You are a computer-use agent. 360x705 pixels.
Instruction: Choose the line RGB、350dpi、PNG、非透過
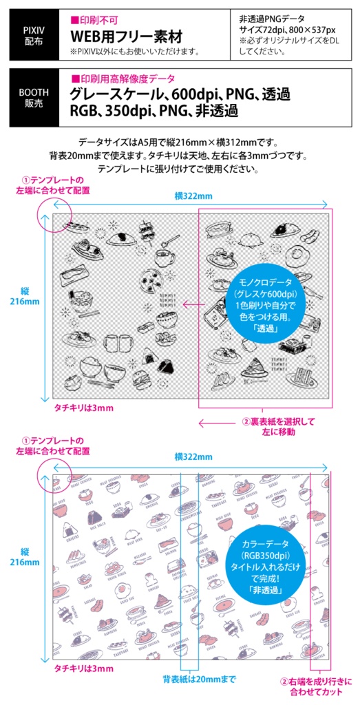click(154, 111)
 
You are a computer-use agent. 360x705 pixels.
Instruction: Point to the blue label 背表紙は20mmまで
click(199, 679)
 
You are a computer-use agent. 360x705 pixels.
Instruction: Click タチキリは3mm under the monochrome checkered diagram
click(84, 408)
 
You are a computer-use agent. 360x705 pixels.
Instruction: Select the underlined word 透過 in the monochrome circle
click(265, 328)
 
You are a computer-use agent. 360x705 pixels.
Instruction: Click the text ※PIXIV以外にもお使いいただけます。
click(135, 51)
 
